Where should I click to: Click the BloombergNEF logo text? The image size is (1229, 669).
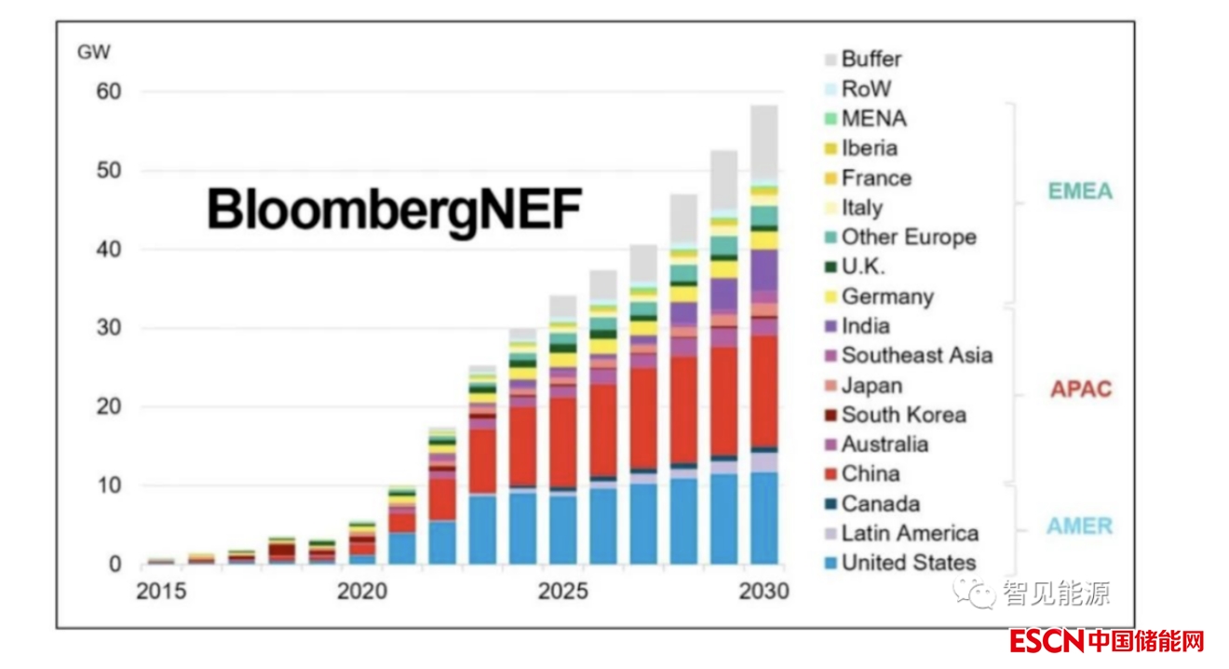click(x=393, y=209)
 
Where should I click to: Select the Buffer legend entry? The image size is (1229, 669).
click(x=871, y=59)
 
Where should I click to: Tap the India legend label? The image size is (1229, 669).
click(x=865, y=326)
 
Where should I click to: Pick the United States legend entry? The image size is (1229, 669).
click(x=908, y=563)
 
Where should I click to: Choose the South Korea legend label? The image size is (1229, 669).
click(x=903, y=415)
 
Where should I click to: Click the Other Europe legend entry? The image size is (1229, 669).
click(x=908, y=237)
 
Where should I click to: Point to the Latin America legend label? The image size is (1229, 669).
click(x=909, y=533)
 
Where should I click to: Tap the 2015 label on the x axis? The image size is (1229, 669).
click(x=161, y=592)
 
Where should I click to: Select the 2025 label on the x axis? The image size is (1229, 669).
click(x=563, y=592)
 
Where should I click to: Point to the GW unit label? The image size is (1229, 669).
click(x=93, y=52)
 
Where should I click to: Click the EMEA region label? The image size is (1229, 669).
click(x=1080, y=192)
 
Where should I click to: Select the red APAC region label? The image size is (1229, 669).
click(x=1081, y=389)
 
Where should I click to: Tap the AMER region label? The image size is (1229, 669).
click(x=1079, y=526)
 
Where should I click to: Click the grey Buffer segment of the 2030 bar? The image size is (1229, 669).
click(x=764, y=140)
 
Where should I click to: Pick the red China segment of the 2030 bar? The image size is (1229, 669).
click(x=764, y=391)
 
